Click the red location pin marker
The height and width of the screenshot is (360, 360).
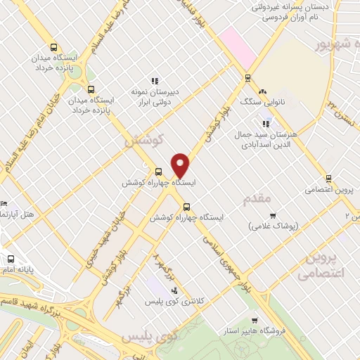(x=181, y=165)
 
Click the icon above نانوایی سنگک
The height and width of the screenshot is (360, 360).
(x=263, y=91)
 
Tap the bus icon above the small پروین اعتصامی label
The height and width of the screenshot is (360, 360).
(x=328, y=178)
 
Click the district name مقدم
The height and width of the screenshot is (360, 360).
(x=256, y=200)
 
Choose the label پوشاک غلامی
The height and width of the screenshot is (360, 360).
(x=274, y=226)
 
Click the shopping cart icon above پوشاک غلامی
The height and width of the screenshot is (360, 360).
(x=273, y=215)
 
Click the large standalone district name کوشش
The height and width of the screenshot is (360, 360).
(x=143, y=140)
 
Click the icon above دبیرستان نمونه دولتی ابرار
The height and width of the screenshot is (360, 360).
(x=154, y=80)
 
